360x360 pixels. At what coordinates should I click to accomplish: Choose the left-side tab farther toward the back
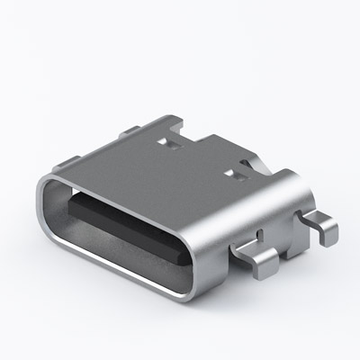coord(130,130)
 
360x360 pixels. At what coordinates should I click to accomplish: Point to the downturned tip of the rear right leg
coord(328,236)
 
